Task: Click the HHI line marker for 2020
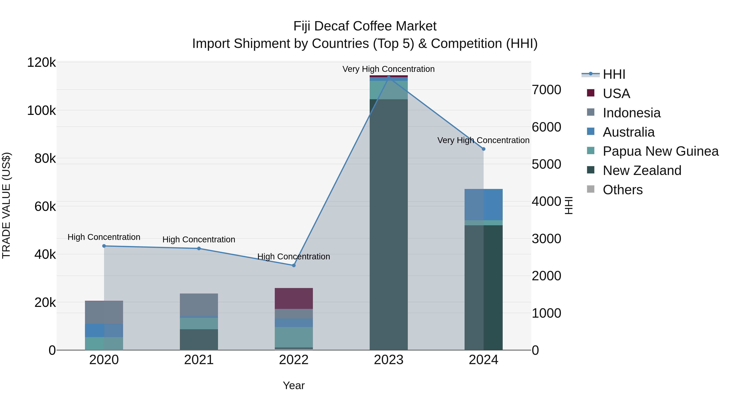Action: click(104, 246)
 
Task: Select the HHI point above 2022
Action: click(294, 265)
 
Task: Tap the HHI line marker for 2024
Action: click(483, 149)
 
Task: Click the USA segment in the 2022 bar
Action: click(294, 298)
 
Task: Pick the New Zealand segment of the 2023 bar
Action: click(389, 224)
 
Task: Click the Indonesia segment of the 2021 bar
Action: click(199, 305)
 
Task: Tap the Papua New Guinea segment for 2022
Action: click(294, 337)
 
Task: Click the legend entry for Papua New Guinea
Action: click(660, 151)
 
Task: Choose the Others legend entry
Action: click(622, 190)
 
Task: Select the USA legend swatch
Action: click(590, 93)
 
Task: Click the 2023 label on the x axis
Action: click(389, 360)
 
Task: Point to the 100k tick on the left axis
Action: click(41, 110)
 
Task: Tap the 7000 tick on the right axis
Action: click(546, 90)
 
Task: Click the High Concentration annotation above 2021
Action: click(199, 239)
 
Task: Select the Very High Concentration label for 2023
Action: click(388, 69)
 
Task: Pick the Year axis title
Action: click(294, 385)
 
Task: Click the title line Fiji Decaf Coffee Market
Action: click(365, 26)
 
